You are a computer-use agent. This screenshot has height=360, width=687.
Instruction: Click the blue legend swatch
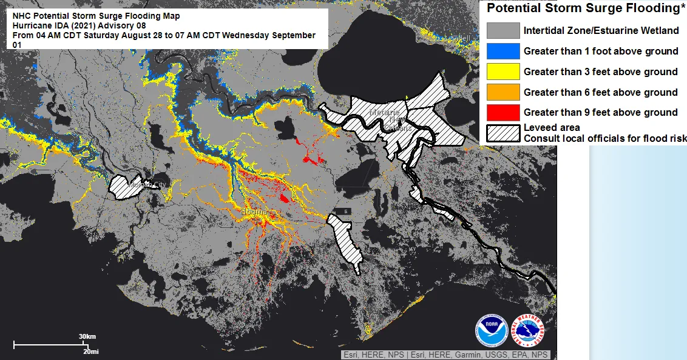click(x=503, y=51)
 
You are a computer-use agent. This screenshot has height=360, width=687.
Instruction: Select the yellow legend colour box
click(x=503, y=72)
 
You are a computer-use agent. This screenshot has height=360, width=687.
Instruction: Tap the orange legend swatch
click(x=503, y=92)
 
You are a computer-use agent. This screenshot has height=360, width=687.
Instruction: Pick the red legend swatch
click(x=503, y=112)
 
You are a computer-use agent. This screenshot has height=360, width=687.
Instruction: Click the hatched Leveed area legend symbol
click(x=503, y=133)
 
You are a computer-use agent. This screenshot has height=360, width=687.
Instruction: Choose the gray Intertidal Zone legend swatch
click(x=503, y=30)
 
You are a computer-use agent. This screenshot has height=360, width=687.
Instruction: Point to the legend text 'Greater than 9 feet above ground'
click(x=600, y=112)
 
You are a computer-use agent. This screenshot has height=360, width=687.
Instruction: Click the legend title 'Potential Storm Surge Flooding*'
click(x=583, y=8)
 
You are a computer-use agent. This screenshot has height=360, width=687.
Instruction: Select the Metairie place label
click(x=384, y=113)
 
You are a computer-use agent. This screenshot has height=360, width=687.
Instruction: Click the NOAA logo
click(x=491, y=330)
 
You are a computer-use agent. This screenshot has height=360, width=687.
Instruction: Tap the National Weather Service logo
click(x=528, y=330)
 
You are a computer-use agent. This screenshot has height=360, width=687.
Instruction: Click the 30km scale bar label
click(x=87, y=336)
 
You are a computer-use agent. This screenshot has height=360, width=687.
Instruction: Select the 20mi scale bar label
click(x=90, y=352)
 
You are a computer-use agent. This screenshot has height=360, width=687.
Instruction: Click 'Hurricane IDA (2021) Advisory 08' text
click(x=79, y=25)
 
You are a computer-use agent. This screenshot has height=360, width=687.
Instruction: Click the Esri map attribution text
click(x=445, y=355)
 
